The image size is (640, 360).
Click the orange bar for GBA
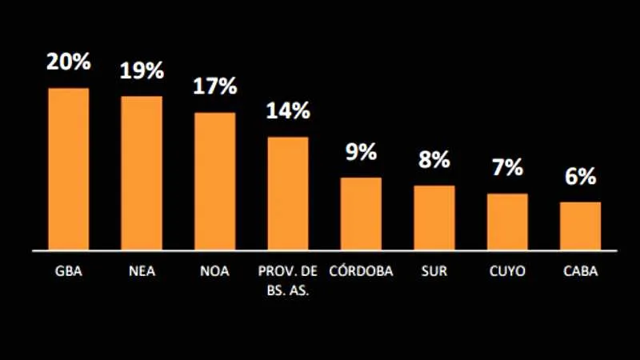(69, 169)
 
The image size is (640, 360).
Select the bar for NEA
(142, 173)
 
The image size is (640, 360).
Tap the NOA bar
(214, 181)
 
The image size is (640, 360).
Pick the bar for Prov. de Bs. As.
(288, 193)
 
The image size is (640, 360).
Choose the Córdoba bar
(361, 214)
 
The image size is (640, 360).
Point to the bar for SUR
(434, 218)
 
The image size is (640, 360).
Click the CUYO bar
(507, 222)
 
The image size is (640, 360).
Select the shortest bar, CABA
(580, 226)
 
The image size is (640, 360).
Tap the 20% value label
(69, 62)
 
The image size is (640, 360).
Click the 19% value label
(142, 70)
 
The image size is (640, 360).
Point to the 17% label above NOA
(214, 86)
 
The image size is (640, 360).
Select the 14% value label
(288, 111)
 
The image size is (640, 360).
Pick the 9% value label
(361, 152)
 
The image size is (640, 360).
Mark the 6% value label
(580, 177)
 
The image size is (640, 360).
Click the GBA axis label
(69, 271)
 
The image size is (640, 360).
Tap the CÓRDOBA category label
(361, 271)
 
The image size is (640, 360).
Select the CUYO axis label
(507, 271)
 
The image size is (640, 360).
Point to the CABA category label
(580, 271)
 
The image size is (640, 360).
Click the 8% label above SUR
(434, 160)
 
